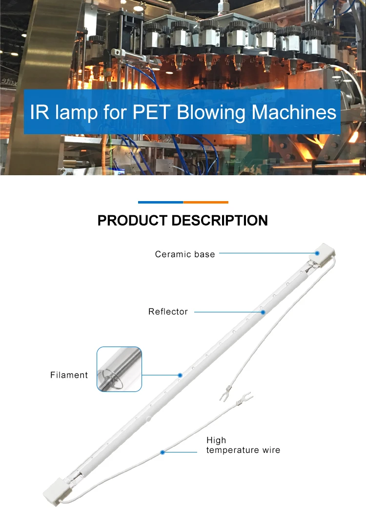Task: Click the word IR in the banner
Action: pos(39,112)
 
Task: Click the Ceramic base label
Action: pos(185,254)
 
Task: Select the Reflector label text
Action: pos(168,311)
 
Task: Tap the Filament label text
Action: pos(69,375)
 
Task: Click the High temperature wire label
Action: pos(243,445)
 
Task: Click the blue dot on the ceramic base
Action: pos(317,253)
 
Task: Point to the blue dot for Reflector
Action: pos(263,311)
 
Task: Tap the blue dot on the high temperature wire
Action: pos(163,452)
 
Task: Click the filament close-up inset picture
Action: pos(119,369)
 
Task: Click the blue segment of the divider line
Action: pos(161,202)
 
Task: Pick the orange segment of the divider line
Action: pos(205,202)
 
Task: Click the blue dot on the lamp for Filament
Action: pos(180,375)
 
